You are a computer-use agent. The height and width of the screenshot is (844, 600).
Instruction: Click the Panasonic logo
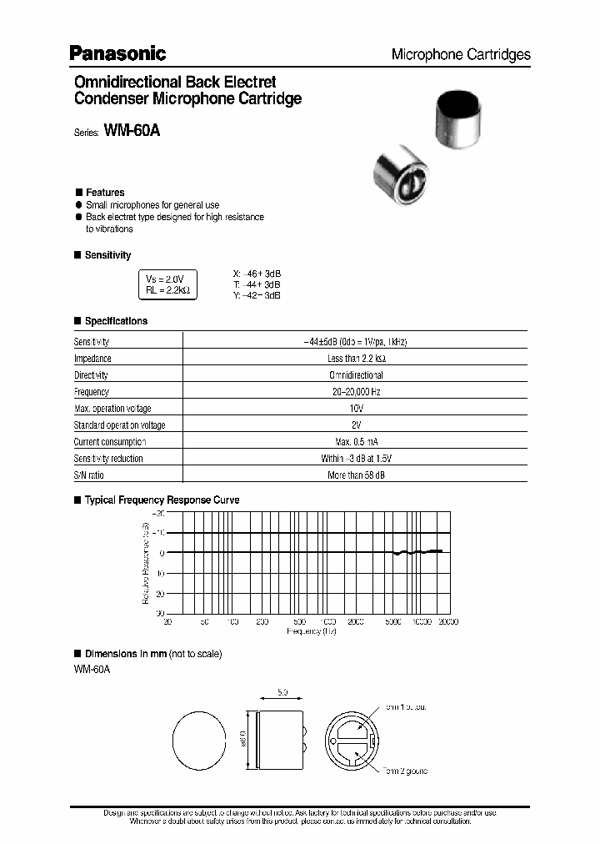pos(117,53)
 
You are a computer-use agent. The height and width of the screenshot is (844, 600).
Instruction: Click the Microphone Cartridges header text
pos(461,54)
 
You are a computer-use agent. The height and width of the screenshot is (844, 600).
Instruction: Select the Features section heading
pos(104,193)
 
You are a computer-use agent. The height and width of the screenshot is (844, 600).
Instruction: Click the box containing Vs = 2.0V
pos(167,285)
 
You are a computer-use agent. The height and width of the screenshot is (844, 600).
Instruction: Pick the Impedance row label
pos(92,359)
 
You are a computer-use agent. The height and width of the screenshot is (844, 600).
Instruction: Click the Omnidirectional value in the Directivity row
pos(357,375)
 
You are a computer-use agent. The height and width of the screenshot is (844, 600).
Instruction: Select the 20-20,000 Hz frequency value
pos(357,392)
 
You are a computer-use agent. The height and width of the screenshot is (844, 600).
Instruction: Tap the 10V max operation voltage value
pos(357,409)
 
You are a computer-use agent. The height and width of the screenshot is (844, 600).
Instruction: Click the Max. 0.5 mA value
pos(357,442)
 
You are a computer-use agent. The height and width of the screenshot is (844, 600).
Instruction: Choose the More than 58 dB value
pos(357,475)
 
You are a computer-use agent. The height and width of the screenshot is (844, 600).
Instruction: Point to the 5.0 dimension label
pos(282,692)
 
